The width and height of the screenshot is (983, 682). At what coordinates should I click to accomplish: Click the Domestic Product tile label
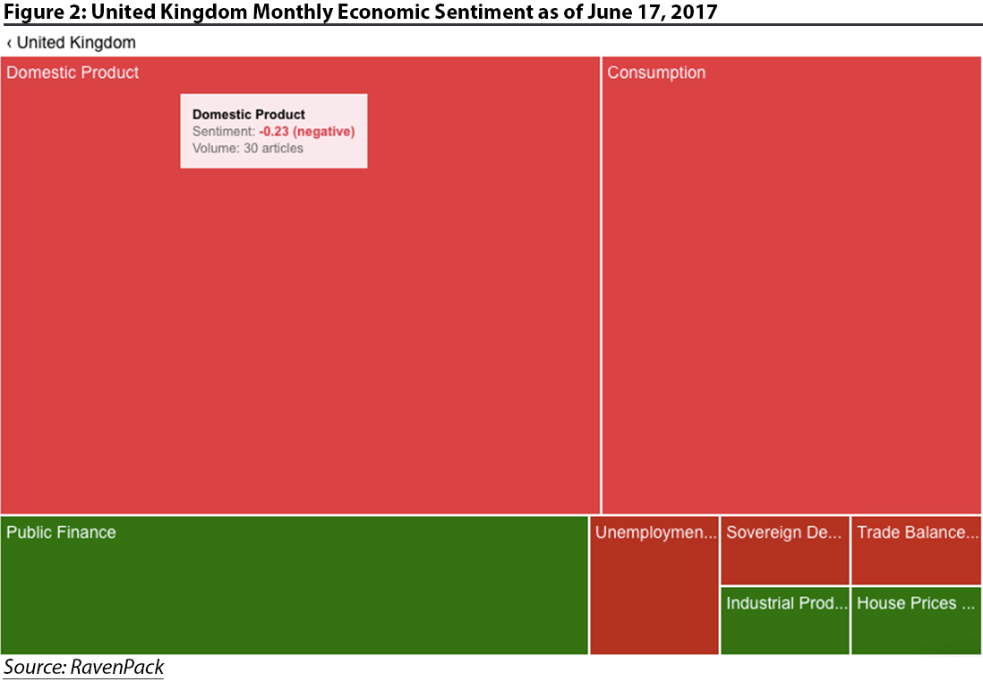coord(73,73)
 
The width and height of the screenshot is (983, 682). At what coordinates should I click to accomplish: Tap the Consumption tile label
coord(656,73)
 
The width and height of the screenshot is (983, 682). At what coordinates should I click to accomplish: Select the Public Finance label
coord(61,532)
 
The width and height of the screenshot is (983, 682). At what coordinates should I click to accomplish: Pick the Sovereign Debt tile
coord(784,550)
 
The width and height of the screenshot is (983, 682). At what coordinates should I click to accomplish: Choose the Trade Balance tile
coord(916,550)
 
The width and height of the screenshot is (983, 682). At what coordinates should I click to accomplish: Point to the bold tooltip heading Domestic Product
coord(249,115)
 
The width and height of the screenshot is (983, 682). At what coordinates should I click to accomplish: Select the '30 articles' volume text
coord(273,148)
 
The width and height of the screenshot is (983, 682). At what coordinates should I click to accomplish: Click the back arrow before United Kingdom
coord(9,43)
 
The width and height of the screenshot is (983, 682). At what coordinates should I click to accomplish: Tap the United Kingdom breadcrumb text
coord(77,43)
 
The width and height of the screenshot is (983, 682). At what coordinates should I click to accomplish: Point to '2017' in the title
coord(694,13)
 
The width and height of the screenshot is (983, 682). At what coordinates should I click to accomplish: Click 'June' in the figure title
coord(609,13)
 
